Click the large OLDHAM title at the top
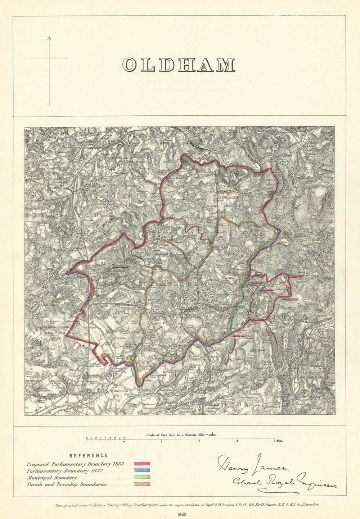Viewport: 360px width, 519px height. click(179, 65)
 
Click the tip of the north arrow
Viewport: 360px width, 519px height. click(49, 36)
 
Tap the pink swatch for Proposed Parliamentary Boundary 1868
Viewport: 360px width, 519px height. click(142, 464)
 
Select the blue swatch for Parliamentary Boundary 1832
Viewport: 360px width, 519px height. click(142, 471)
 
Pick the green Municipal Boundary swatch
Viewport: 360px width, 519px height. click(142, 478)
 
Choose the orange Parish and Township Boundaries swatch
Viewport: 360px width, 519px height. click(142, 484)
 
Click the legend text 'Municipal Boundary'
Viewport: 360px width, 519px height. click(52, 478)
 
